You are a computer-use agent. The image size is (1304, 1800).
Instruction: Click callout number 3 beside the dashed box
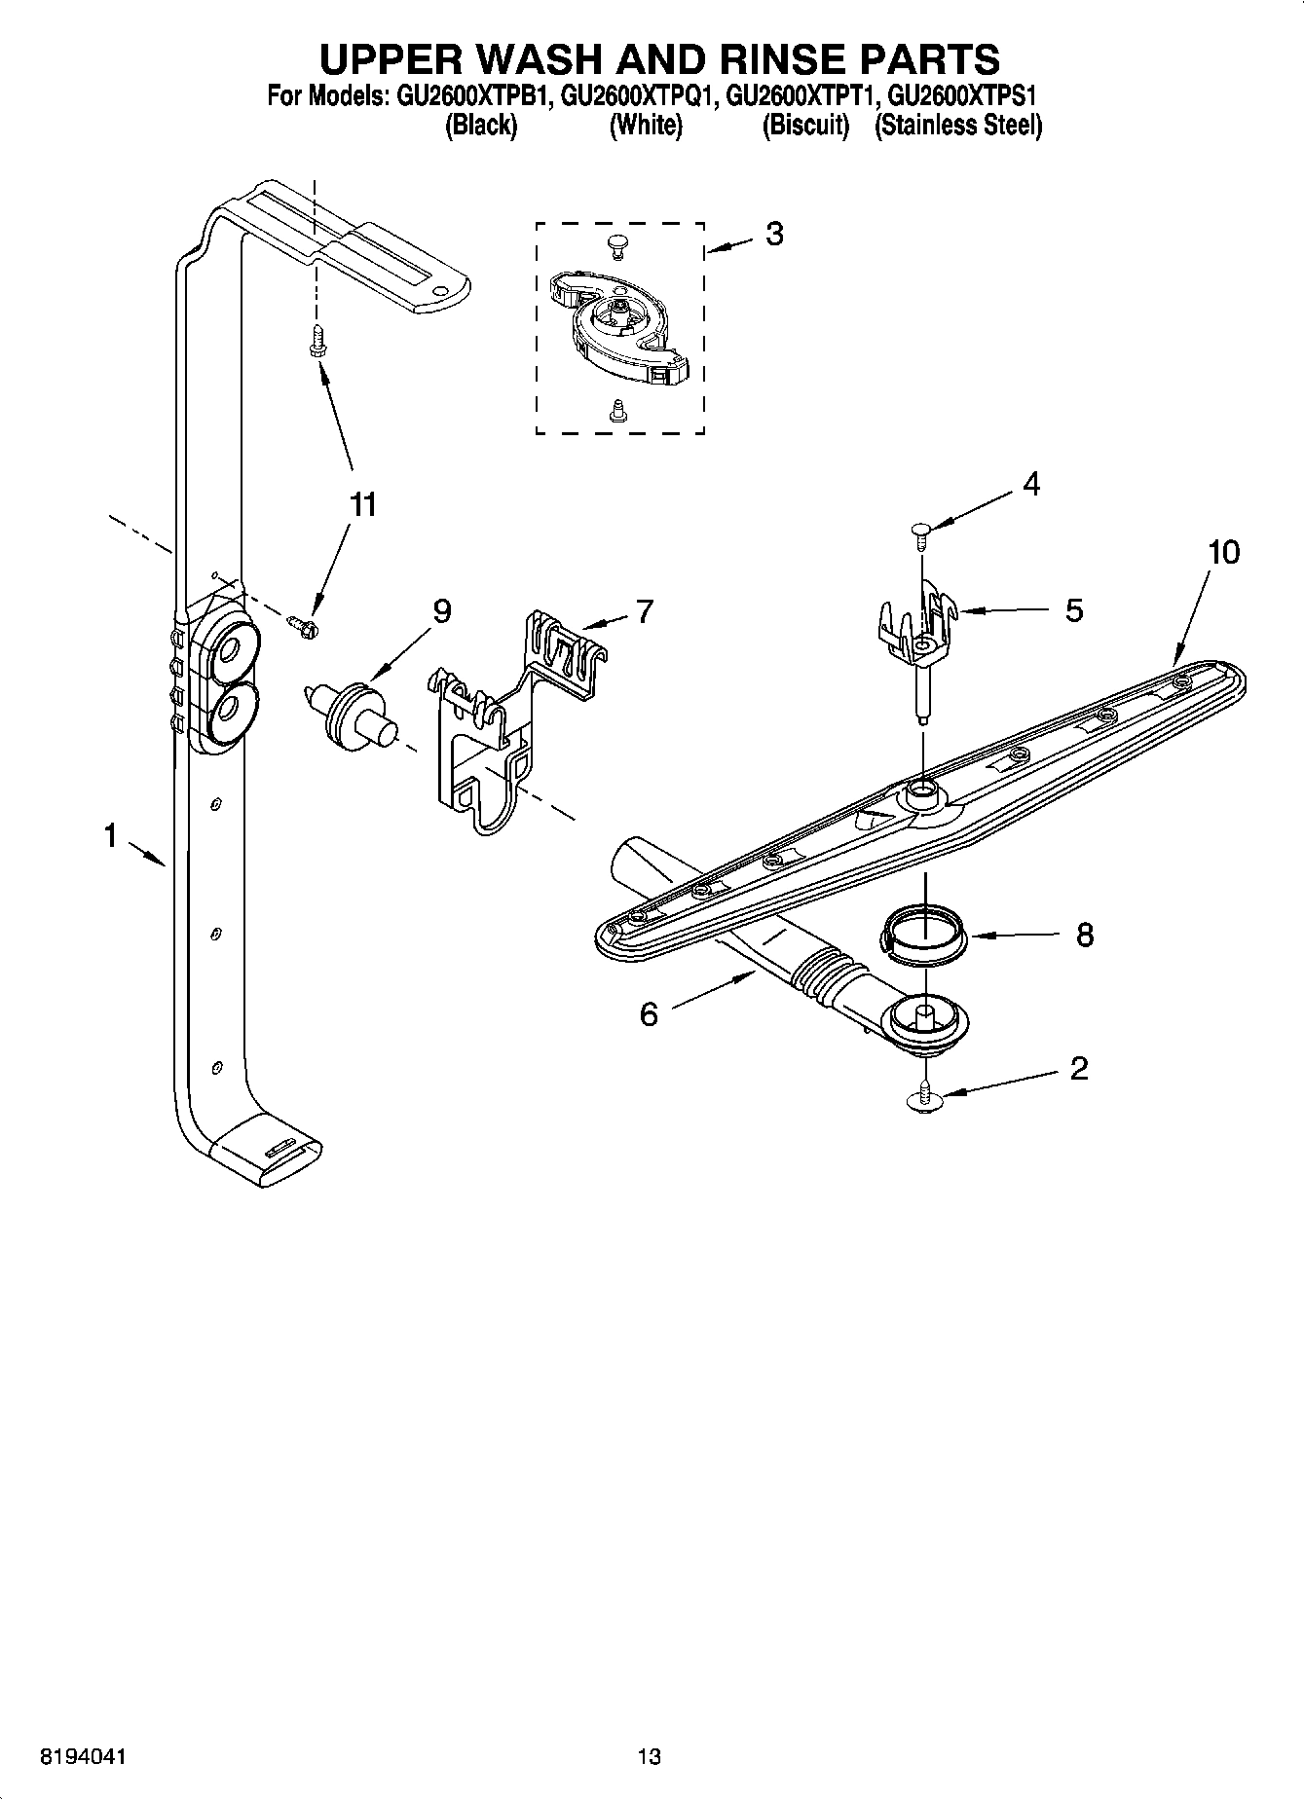(x=773, y=235)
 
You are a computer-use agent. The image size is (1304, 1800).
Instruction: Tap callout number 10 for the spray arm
(x=1223, y=552)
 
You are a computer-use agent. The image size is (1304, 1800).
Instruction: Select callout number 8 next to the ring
(x=1084, y=936)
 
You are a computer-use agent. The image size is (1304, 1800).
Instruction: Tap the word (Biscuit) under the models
(x=805, y=126)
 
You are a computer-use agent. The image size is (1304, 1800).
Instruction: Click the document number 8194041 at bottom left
(x=83, y=1756)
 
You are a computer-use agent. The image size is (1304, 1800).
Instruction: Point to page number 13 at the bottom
(x=649, y=1756)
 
